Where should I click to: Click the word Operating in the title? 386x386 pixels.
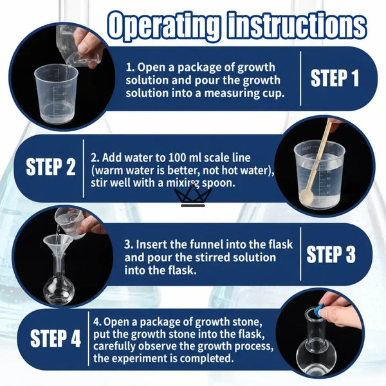(x=163, y=26)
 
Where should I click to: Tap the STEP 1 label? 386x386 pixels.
(x=335, y=78)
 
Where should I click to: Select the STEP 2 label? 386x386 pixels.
(x=50, y=167)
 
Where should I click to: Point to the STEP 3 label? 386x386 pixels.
(x=331, y=254)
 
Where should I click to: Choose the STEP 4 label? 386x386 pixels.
(x=55, y=338)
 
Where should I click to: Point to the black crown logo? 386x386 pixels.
(x=193, y=196)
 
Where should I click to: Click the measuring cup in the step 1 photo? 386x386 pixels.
(x=56, y=93)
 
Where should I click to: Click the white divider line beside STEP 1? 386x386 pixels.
(x=300, y=78)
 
